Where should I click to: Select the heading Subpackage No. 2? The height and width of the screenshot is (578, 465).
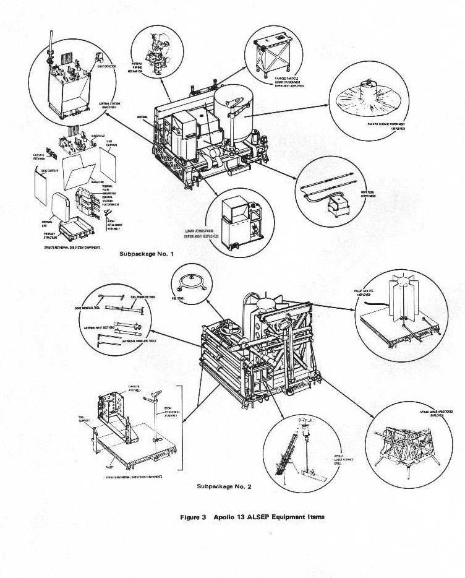click(x=224, y=486)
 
